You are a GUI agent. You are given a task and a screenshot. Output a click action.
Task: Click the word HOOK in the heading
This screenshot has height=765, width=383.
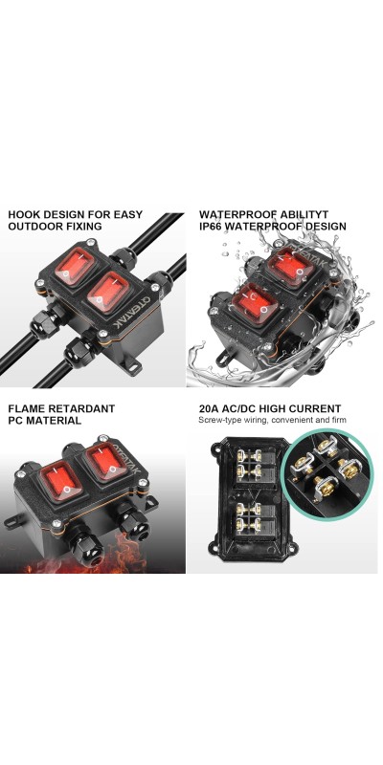click(25, 214)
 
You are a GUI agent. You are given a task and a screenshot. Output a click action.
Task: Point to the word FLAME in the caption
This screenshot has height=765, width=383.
click(26, 408)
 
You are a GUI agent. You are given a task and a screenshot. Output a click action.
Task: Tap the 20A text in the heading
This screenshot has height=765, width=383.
click(209, 408)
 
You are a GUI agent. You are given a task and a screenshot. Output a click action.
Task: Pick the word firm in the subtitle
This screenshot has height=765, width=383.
click(339, 420)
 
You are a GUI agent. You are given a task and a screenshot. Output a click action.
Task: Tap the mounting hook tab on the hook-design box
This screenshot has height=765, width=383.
click(134, 367)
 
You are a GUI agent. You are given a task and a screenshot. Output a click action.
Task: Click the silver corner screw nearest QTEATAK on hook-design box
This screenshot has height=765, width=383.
click(103, 334)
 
